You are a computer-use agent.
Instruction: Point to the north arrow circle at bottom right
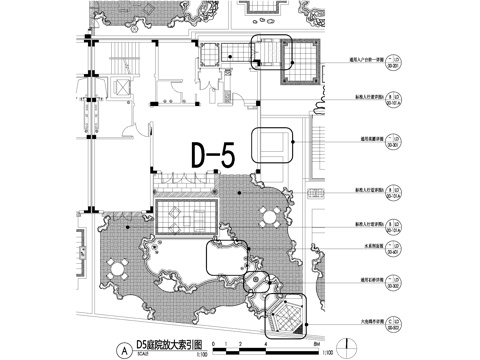[347, 345]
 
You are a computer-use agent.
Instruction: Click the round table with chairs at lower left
[119, 265]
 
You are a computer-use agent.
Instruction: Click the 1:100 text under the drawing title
[202, 352]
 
